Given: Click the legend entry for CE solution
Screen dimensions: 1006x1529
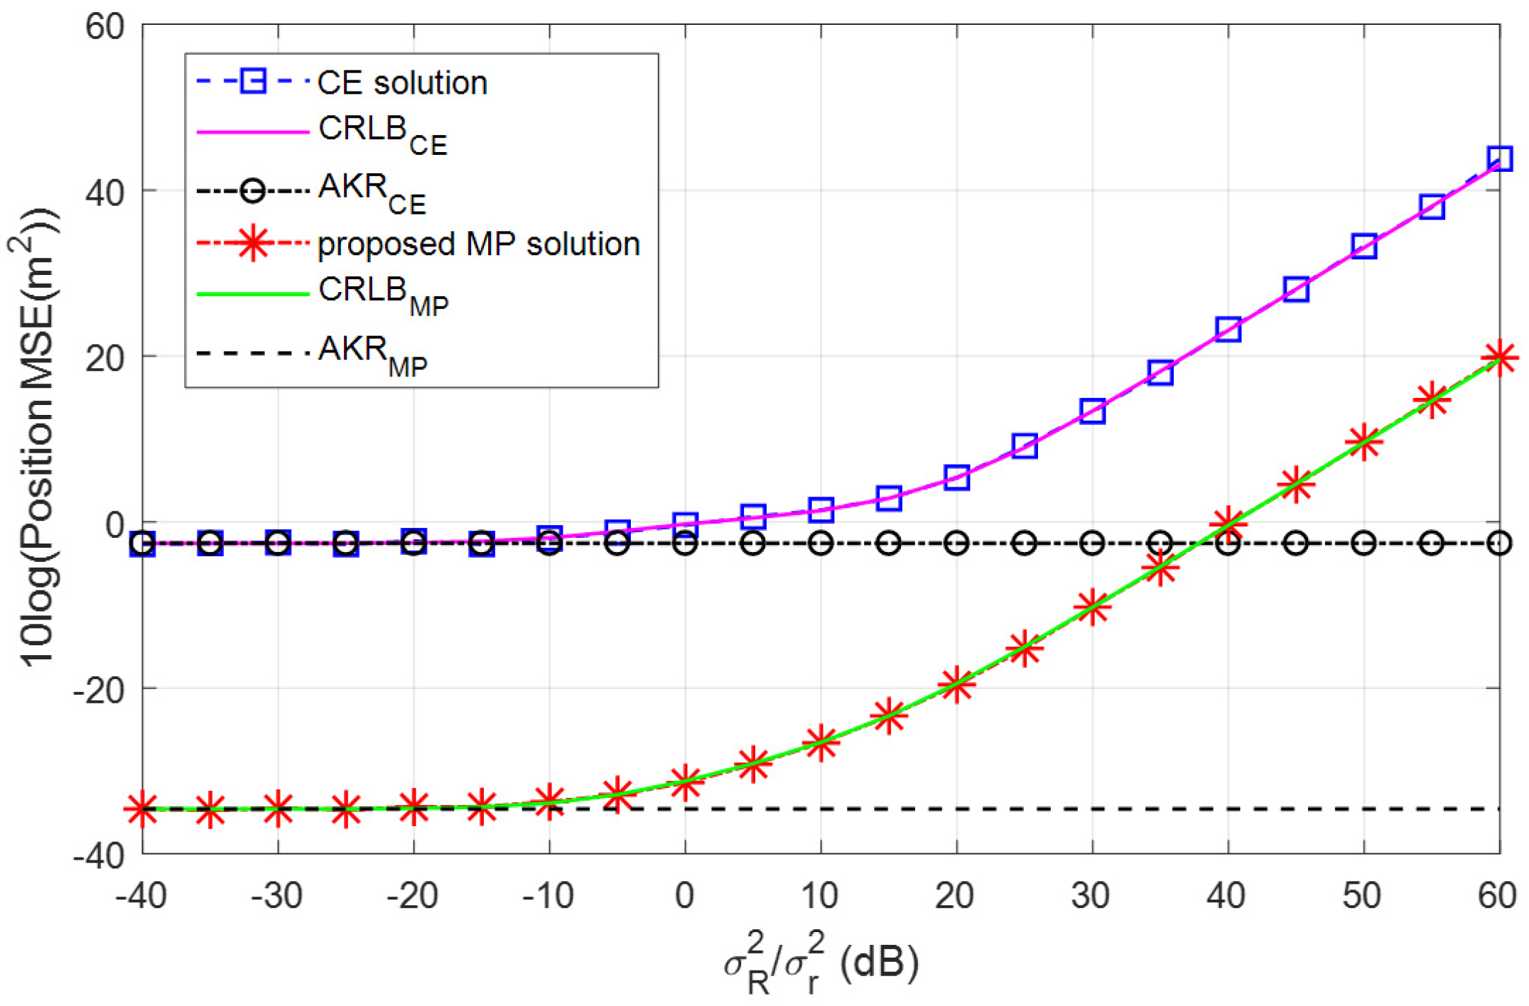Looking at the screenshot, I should coord(402,83).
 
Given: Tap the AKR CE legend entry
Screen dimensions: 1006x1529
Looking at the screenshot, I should coord(372,192).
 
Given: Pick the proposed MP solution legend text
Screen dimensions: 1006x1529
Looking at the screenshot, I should coord(478,244).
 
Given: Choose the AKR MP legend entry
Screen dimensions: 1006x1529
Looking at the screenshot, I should coord(372,353).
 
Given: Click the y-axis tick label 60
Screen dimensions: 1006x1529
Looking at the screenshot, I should coord(104,27).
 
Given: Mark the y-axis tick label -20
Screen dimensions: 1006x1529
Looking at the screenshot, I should coord(99,689).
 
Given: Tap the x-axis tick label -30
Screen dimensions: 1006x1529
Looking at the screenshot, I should coord(277,896).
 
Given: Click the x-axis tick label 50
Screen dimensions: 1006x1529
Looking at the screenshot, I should coord(1362,896).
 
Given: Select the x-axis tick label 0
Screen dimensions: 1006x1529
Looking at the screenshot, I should coord(684,896).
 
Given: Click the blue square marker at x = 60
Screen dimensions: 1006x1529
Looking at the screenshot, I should coord(1499,158).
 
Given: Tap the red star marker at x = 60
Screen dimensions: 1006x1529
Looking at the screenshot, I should coord(1499,358).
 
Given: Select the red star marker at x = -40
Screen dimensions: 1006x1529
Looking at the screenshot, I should coord(143,808).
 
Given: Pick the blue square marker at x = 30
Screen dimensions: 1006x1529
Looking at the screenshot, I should coord(1092,411).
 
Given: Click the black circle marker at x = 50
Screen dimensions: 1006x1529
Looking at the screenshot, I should coord(1363,543).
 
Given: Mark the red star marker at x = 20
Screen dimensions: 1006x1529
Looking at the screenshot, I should coord(956,684).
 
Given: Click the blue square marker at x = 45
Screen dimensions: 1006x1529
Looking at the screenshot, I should coord(1296,289).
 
